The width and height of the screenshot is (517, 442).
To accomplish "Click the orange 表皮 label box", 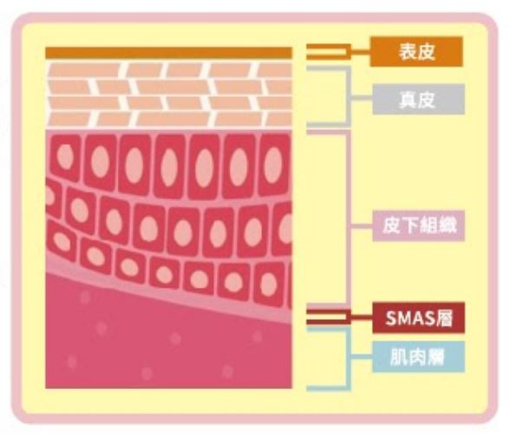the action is (x=416, y=52).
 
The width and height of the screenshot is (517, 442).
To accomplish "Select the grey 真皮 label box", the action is (x=418, y=99).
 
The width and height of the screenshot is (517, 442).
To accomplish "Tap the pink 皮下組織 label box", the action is (x=418, y=226).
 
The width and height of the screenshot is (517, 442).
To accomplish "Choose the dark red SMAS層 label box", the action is (x=418, y=318).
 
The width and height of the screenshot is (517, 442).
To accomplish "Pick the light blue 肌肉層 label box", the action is (x=418, y=357).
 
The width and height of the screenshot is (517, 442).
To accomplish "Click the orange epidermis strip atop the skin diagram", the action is (x=168, y=53).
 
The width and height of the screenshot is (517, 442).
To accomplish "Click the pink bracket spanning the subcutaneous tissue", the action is (x=349, y=218).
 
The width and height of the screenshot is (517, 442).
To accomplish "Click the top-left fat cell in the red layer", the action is (x=65, y=158).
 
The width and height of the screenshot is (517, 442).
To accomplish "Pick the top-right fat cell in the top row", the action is (x=274, y=165).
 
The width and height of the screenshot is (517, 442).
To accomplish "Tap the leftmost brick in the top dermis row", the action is (x=82, y=70).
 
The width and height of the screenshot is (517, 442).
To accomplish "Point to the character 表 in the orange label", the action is (x=408, y=52).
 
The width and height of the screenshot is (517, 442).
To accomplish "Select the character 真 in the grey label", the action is (x=409, y=100).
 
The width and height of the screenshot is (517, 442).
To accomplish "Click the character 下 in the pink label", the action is (x=409, y=226).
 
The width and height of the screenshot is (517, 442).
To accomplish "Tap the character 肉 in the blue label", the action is (x=416, y=357).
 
